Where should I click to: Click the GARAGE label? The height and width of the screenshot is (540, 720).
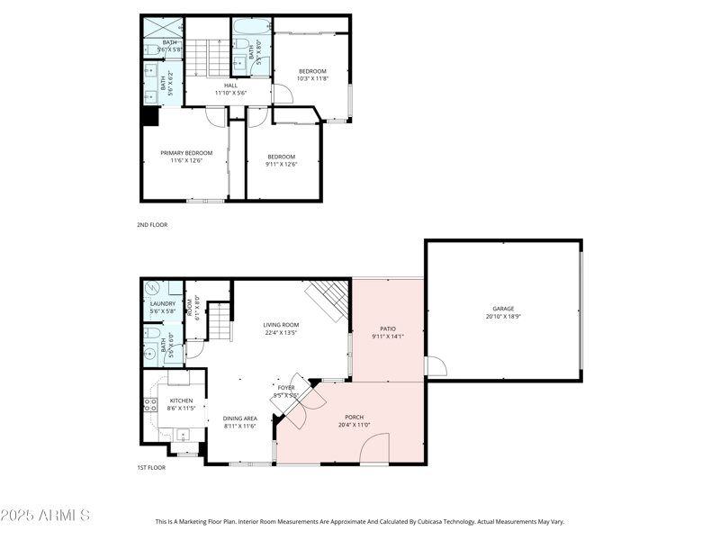[503, 309]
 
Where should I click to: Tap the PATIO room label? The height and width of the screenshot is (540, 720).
[388, 329]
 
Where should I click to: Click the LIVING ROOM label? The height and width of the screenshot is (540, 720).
[281, 325]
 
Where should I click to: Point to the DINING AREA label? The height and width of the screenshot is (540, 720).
[240, 418]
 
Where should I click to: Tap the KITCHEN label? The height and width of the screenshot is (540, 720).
[181, 400]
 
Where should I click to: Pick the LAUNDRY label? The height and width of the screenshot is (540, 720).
[163, 304]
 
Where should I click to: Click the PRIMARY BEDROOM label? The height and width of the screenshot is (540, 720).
[186, 153]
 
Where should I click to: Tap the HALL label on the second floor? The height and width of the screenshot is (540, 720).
[231, 85]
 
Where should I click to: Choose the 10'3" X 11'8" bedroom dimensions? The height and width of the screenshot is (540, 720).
[312, 79]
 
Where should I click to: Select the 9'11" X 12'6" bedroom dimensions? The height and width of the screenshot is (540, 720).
[281, 165]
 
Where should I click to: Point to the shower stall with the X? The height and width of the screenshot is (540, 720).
[163, 27]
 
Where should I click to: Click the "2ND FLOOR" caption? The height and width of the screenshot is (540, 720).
[152, 225]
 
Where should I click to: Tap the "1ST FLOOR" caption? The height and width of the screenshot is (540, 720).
[152, 469]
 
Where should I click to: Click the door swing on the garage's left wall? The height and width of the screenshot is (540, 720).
[436, 367]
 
